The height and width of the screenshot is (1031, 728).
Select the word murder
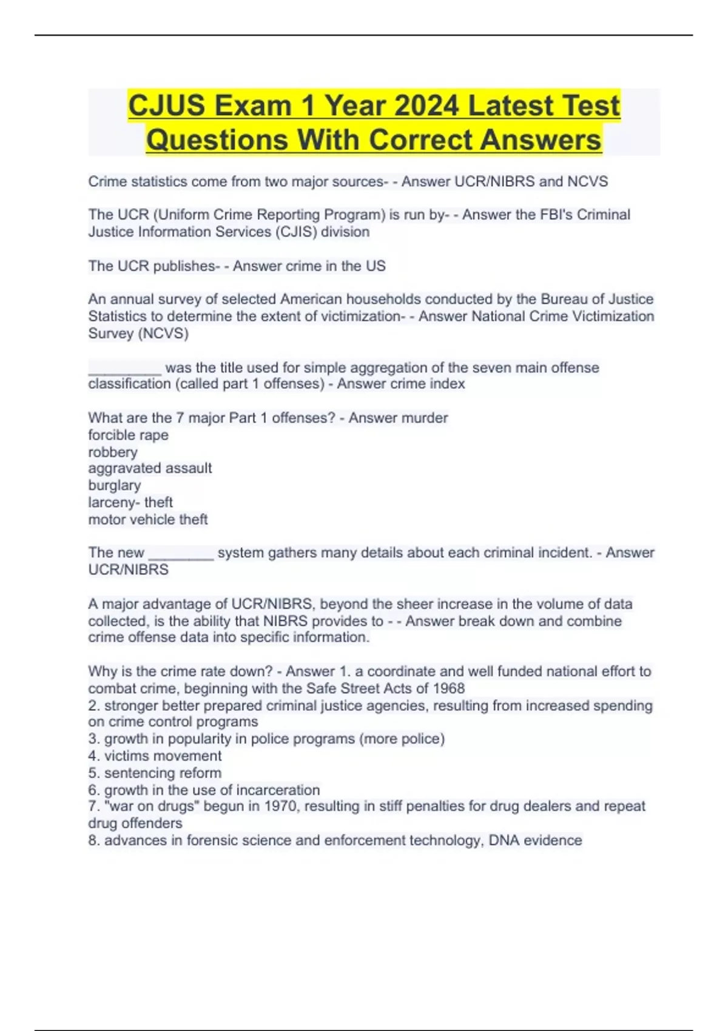pos(428,418)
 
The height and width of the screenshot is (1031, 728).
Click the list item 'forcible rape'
pos(128,435)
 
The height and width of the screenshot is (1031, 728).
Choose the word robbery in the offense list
pos(113,452)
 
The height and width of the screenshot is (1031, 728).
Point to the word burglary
pos(114,485)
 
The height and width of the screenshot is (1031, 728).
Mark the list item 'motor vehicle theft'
pos(148,519)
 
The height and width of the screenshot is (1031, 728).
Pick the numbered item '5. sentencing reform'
pos(155,773)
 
